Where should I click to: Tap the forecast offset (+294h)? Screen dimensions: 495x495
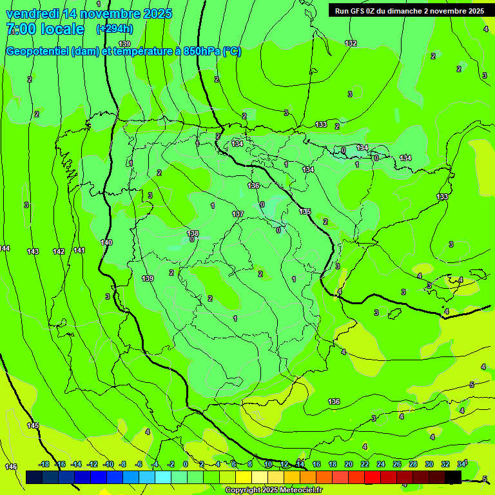click(x=115, y=29)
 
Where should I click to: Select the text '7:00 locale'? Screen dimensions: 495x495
click(x=45, y=29)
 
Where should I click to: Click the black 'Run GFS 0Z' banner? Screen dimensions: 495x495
click(x=407, y=10)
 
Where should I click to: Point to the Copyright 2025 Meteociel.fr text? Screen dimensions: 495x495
click(x=274, y=490)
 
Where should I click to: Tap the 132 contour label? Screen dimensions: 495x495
click(x=351, y=43)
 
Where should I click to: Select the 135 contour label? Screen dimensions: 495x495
click(x=305, y=211)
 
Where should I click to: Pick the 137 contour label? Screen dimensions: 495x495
click(x=238, y=214)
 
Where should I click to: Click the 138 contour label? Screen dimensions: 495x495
click(x=193, y=233)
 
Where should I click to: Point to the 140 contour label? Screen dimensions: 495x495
click(x=106, y=242)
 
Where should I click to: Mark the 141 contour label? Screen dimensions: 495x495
click(x=79, y=250)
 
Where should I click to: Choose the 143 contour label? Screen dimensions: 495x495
click(x=33, y=251)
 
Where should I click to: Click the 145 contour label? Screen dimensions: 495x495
click(x=33, y=425)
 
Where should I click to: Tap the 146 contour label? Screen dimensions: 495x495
click(x=10, y=466)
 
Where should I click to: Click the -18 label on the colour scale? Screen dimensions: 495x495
click(x=44, y=464)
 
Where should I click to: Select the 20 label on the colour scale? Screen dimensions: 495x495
click(x=349, y=464)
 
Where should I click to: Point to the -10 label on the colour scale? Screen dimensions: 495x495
click(x=108, y=464)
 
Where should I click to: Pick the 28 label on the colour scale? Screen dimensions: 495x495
click(x=412, y=464)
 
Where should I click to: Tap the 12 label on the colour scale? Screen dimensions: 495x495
click(x=284, y=464)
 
